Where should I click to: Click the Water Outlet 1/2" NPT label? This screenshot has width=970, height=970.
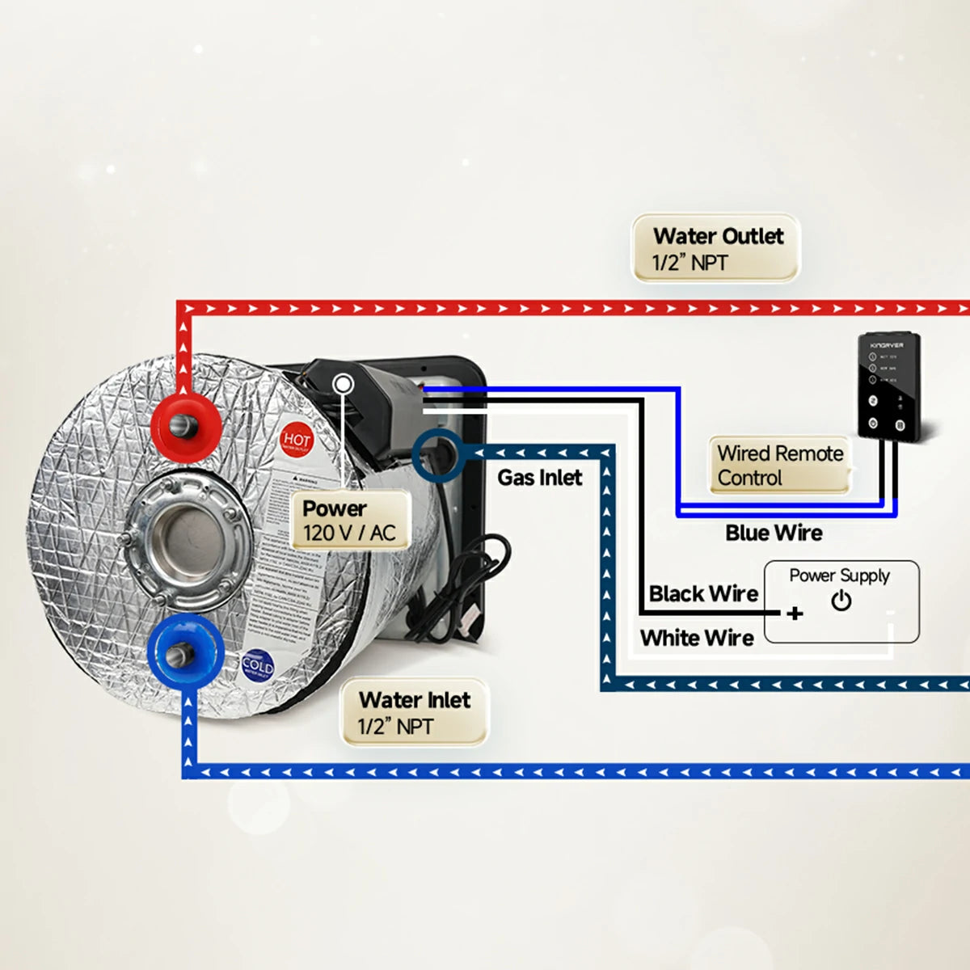point(716,248)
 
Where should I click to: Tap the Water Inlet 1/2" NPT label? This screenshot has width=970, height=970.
point(414,711)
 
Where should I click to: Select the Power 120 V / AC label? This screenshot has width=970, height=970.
point(349,521)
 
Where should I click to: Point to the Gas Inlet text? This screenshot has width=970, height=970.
point(539,478)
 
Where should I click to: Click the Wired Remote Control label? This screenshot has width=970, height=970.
point(779,465)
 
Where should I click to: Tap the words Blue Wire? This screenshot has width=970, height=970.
point(774,533)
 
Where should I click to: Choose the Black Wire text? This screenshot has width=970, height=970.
point(703,594)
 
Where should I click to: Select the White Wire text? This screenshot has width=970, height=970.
point(697,638)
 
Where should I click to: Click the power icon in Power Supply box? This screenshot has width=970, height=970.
point(841,601)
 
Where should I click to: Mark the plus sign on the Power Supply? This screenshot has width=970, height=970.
point(795,614)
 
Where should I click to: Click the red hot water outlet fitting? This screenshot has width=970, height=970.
point(187,423)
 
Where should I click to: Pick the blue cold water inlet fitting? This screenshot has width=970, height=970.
point(183,652)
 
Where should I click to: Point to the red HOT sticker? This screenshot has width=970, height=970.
point(297,441)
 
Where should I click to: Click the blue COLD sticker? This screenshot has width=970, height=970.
point(257,666)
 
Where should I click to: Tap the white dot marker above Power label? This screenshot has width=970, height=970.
point(344,384)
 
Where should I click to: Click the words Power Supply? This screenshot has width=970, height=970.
point(839,576)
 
